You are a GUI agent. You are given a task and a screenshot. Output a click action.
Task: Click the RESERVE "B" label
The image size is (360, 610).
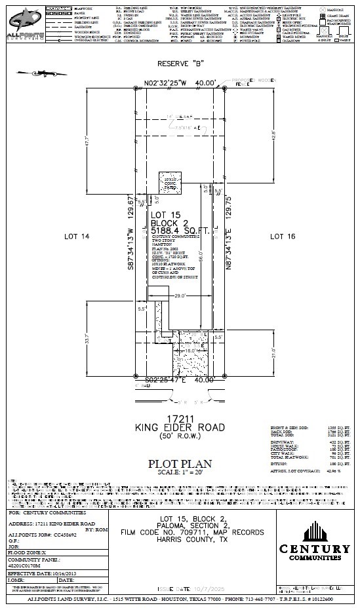point(180,64)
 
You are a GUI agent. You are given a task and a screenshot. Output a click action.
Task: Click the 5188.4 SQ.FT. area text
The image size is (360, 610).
point(180,231)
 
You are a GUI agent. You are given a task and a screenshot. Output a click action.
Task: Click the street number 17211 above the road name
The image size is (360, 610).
point(180,417)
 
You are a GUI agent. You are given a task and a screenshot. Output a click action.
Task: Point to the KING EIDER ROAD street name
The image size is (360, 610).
point(180,427)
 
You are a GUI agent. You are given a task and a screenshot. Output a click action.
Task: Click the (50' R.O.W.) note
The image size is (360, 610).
point(180,436)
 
